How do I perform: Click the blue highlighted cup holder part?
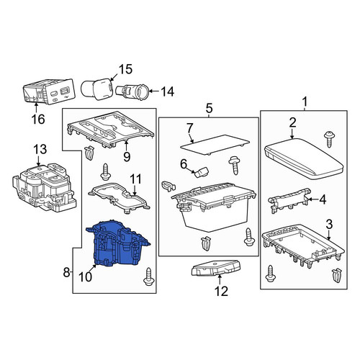117,243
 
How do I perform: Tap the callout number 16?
38,119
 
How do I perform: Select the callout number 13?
40,149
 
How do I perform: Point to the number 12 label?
221,292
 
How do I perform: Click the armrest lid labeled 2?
304,158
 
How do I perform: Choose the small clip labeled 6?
202,172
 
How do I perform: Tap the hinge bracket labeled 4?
289,199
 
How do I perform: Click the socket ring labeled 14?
131,91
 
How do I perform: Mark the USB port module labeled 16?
48,92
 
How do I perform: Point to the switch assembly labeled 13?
45,187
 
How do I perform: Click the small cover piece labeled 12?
216,267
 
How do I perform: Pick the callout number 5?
209,108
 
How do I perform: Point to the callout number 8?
66,272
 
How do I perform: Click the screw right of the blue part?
148,276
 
